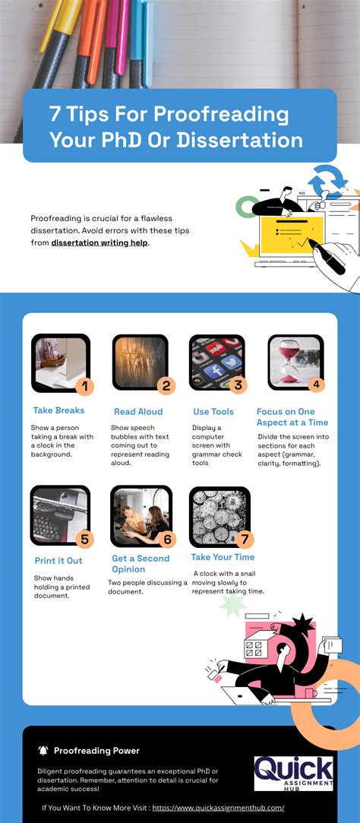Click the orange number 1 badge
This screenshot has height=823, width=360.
pos(84,386)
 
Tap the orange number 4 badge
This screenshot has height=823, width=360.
pos(317,385)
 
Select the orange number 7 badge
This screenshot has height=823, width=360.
pos(244,540)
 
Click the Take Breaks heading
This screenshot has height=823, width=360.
pos(58,410)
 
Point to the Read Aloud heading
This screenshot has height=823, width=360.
pos(138,412)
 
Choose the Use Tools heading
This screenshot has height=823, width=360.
pos(213,412)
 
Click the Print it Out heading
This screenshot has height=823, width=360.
pos(58,561)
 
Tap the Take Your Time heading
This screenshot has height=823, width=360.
pos(223,558)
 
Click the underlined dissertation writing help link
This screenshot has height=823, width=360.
pos(100,221)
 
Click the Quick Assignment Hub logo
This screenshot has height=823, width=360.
pos(294,773)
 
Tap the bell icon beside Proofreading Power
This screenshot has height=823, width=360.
pos(43,751)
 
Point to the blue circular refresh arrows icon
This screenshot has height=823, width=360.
pos(327,182)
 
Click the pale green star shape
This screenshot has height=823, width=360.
pos(232,604)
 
